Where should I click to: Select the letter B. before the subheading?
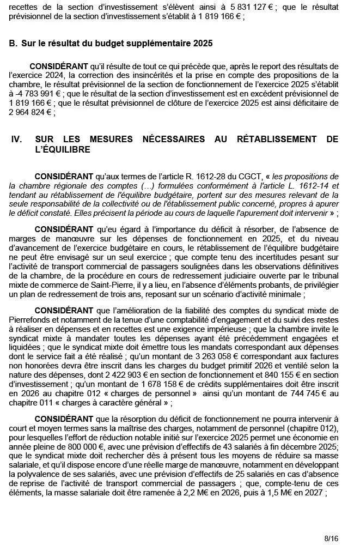[x=14, y=43]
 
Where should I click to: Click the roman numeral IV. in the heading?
[x=16, y=140]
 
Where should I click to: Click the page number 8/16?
[x=331, y=538]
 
